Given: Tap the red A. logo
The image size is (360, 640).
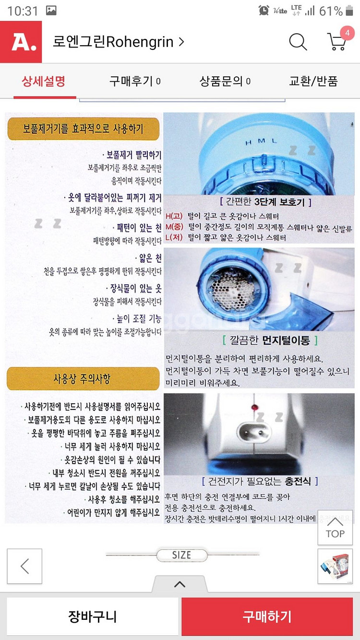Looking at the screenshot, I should pos(21,42).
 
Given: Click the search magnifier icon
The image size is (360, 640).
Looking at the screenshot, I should pos(298,42).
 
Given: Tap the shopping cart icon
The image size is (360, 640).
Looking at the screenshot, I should pos(337,42).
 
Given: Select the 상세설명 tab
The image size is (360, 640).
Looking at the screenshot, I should pos(44,81).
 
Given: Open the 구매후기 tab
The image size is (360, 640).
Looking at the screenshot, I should pos(135,81).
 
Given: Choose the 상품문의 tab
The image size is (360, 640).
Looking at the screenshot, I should pos(225,81).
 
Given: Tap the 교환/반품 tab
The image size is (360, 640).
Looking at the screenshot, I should pos(313,81).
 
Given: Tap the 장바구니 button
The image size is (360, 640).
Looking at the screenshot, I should pos(92,616).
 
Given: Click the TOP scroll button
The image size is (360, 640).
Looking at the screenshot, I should pos(335,527).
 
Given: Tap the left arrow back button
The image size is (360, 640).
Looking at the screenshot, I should pos(24,566).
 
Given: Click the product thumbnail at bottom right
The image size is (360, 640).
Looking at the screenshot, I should pos(335,566).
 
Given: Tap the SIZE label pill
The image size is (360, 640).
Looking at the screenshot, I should pos(181,555).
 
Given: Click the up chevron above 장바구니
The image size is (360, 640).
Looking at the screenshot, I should pos(180,584).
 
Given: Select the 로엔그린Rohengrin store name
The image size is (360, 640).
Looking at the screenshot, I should pos(118,42).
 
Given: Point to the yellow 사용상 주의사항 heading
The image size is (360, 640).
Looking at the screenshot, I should pos(83,379).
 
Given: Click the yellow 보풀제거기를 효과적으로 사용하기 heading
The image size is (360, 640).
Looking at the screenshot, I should pos(83,129).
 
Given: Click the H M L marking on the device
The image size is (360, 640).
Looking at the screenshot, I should pos(262,142).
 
